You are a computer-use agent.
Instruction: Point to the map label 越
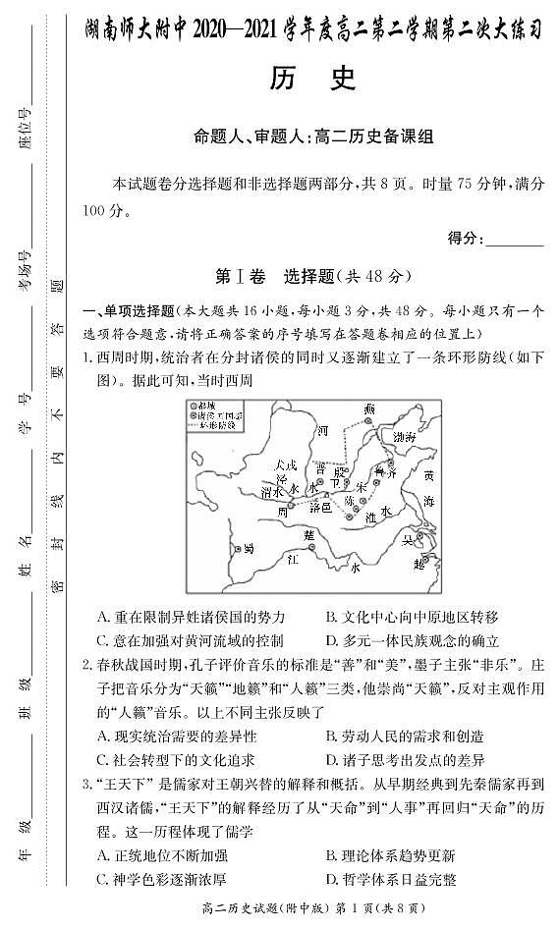point(418,564)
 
